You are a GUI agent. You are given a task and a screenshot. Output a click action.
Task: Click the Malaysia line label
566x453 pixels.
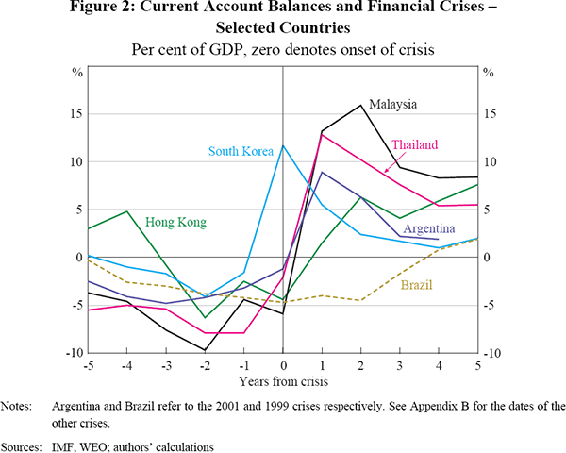[x=393, y=104]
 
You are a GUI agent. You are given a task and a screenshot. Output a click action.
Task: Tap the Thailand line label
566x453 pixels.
[x=415, y=144]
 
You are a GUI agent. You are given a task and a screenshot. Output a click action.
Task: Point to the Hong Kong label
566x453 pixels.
[x=176, y=223]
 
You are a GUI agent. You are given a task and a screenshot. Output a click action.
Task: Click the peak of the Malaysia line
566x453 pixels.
[x=360, y=105]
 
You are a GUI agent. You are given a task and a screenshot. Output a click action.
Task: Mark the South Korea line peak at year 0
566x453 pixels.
[x=283, y=145]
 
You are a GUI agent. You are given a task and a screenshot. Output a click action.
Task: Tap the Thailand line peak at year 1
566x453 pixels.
[x=322, y=135]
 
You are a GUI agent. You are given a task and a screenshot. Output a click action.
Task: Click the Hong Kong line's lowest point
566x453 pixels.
[x=206, y=317]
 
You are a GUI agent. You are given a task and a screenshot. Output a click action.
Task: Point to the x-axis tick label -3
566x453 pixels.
[x=166, y=365]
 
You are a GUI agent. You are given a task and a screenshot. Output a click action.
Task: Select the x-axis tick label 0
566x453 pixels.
[x=283, y=365]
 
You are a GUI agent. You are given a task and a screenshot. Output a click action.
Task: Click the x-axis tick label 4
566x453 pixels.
[x=438, y=365]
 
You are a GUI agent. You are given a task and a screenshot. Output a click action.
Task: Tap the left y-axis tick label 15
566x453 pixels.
[x=77, y=114]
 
